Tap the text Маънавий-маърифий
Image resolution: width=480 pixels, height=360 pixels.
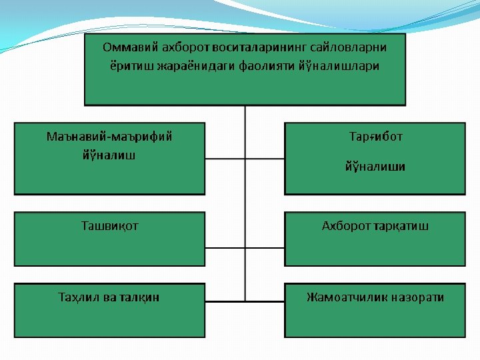click(109, 137)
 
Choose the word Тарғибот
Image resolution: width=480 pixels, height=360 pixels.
click(375, 137)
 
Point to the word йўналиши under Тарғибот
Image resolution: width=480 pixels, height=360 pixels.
click(375, 166)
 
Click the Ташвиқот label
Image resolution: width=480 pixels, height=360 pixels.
click(109, 226)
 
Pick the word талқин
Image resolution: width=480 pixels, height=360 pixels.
click(139, 297)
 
